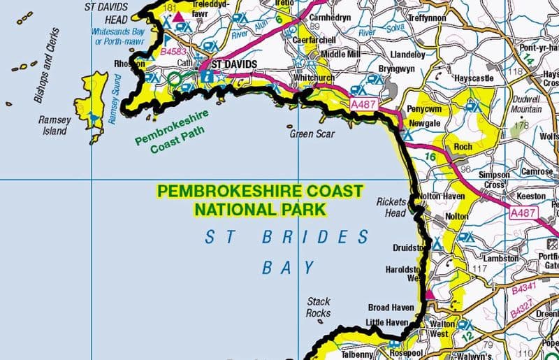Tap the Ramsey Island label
54,125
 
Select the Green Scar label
312,134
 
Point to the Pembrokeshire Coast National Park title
260,199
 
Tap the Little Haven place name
386,322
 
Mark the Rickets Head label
391,207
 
